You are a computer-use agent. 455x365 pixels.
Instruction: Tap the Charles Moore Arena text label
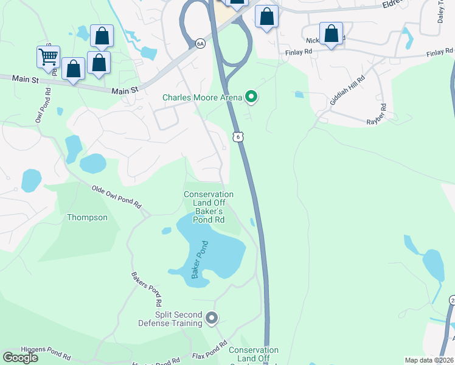(203, 97)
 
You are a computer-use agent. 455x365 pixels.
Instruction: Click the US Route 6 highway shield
(238, 137)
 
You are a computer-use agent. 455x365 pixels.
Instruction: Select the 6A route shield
(200, 43)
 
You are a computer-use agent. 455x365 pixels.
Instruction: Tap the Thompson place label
(87, 217)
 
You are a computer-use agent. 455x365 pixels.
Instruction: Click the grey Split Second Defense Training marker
(212, 318)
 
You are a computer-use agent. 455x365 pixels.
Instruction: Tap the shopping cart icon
(48, 57)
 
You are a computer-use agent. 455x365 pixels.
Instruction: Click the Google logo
(20, 357)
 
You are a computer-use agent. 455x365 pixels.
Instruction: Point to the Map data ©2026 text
(429, 360)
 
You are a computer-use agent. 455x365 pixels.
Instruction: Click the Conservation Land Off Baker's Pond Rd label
(209, 207)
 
